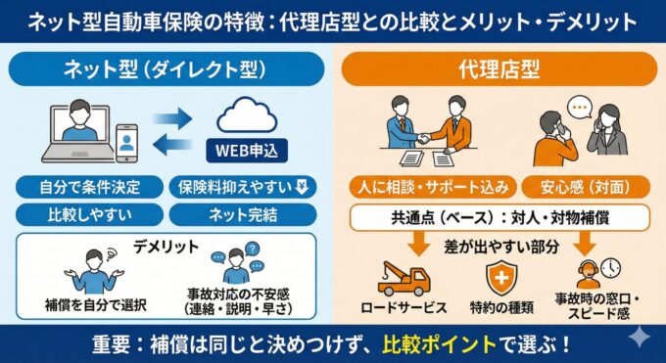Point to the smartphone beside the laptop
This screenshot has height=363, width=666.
pyautogui.click(x=125, y=143)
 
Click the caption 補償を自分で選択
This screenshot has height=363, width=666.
pyautogui.click(x=95, y=304)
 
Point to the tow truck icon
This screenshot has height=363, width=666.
pyautogui.click(x=402, y=279)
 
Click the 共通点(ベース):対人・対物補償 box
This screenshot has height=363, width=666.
pyautogui.click(x=499, y=216)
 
